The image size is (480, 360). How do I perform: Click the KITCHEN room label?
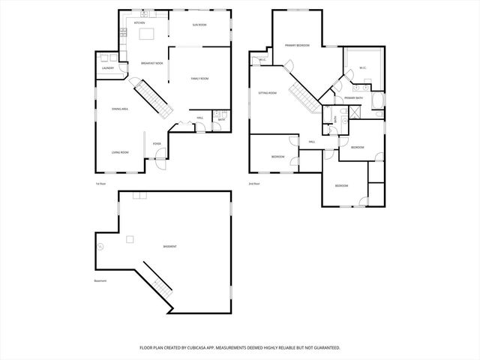(x=139, y=23)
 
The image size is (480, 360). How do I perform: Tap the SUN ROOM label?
(x=199, y=25)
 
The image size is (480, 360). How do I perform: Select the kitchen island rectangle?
(x=145, y=34)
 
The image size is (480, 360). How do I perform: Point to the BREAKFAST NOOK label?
(x=152, y=64)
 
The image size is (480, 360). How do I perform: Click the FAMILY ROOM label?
(x=199, y=79)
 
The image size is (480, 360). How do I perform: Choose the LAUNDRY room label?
(x=108, y=69)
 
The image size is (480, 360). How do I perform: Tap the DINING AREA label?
(x=120, y=109)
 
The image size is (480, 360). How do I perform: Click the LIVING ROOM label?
(x=120, y=152)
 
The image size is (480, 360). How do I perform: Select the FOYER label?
(x=157, y=143)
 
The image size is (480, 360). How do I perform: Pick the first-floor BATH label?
(x=222, y=120)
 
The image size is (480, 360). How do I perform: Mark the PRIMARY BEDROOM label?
(x=297, y=46)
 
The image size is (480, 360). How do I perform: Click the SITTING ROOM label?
(x=268, y=93)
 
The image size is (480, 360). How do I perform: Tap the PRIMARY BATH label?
(x=354, y=98)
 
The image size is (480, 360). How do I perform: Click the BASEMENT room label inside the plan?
(x=170, y=246)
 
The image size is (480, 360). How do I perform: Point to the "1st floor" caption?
(x=100, y=184)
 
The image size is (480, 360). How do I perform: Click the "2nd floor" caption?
(x=254, y=184)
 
